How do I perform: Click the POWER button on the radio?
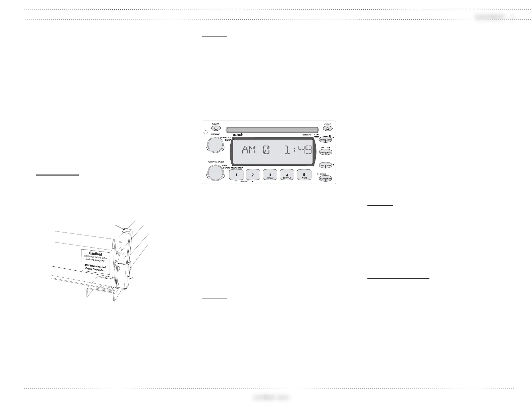pyautogui.click(x=216, y=128)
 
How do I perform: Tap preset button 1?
pyautogui.click(x=236, y=175)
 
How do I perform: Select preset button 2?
pyautogui.click(x=253, y=175)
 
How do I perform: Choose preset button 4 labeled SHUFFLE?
pyautogui.click(x=287, y=175)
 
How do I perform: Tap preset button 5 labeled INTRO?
pyautogui.click(x=304, y=175)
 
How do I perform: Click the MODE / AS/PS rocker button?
pyautogui.click(x=326, y=140)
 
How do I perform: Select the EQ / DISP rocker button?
pyautogui.click(x=326, y=165)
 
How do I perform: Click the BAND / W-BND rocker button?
pyautogui.click(x=326, y=179)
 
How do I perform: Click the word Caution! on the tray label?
pyautogui.click(x=96, y=254)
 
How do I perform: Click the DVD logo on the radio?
pyautogui.click(x=316, y=135)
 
